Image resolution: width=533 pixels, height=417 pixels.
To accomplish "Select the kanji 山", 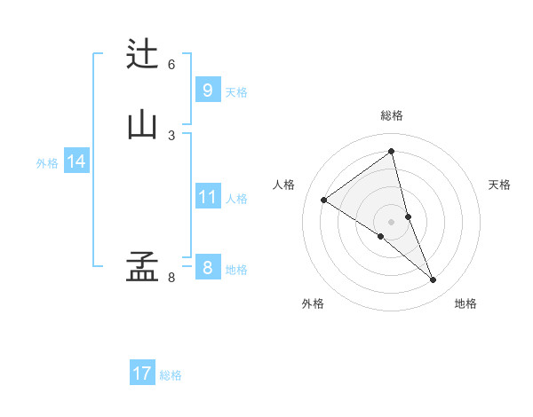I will click(142, 125).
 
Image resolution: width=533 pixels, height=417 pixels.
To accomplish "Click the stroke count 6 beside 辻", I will click(171, 65).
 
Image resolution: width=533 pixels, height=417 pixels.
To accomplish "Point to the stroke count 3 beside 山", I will click(171, 135).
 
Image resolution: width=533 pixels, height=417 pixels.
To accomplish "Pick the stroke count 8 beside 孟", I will click(171, 278).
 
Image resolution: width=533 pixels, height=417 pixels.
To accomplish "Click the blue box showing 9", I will click(207, 90).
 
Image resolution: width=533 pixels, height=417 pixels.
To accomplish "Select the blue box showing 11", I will click(207, 197).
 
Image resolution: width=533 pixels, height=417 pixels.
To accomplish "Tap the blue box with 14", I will click(76, 161).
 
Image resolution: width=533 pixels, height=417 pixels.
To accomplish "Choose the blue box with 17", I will click(142, 374).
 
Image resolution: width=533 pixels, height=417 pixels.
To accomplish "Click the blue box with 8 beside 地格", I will click(207, 268).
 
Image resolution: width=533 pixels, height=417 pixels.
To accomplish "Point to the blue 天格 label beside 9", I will click(236, 92).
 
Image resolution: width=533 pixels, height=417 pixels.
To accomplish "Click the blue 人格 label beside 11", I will click(236, 199).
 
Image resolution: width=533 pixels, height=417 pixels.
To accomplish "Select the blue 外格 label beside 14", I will click(47, 163).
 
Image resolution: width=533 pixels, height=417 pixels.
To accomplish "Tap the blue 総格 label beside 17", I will click(171, 375).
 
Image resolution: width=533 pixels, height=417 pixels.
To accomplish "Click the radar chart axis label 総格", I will click(392, 115).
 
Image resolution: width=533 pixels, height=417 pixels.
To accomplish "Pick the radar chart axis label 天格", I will click(500, 185).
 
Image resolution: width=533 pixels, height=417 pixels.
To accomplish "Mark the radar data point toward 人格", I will click(323, 200).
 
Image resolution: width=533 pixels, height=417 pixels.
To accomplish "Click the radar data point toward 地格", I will click(434, 280).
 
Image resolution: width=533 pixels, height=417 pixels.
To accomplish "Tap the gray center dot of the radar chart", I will click(392, 221).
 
